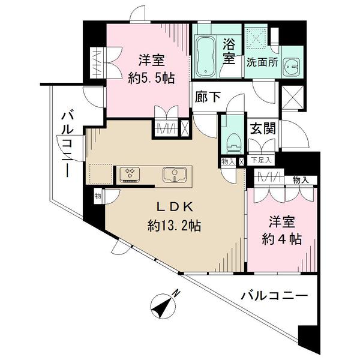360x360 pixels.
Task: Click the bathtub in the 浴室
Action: [x=205, y=56]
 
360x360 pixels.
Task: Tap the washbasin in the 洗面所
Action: [x=291, y=67]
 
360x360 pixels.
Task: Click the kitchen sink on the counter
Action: [x=174, y=175]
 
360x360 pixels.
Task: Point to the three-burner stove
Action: [x=130, y=175]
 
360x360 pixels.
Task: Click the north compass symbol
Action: [x=163, y=306]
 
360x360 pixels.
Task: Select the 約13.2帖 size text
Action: [x=175, y=226]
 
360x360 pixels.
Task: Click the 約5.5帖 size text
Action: [x=152, y=78]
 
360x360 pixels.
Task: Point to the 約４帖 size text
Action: [x=282, y=239]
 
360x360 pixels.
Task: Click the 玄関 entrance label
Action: [x=263, y=128]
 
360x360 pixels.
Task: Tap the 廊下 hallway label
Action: [x=208, y=97]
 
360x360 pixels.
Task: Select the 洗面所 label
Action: [x=262, y=62]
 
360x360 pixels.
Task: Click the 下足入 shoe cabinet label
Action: [x=261, y=160]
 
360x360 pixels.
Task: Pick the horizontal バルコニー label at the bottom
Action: [x=274, y=296]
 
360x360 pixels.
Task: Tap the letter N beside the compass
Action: [x=176, y=293]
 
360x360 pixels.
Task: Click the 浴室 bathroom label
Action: [x=229, y=52]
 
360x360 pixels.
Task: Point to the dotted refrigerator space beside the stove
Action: [x=101, y=174]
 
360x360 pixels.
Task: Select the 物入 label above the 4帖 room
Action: [x=301, y=181]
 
